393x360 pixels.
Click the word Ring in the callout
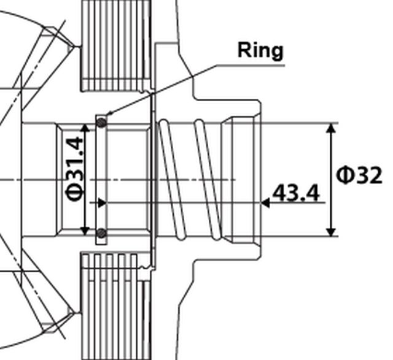pos(260,50)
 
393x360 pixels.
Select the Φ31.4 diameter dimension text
pos(76,178)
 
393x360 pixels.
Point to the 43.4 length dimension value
pos(295,194)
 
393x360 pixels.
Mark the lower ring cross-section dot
pos(102,233)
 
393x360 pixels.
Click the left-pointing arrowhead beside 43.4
pos(266,202)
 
